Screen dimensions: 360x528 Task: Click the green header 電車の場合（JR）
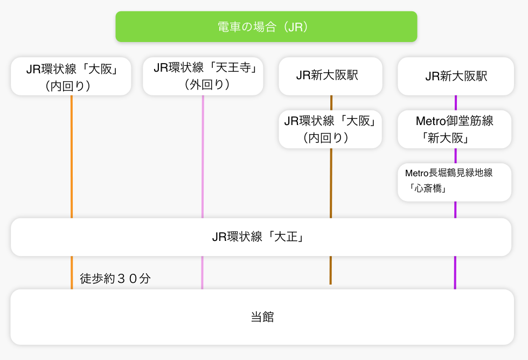pos(266,26)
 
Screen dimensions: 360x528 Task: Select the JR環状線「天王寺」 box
pos(203,76)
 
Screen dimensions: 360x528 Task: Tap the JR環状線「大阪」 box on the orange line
pos(71,76)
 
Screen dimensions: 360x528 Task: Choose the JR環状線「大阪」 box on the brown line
pos(330,129)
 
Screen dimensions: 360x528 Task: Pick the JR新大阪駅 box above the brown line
pos(330,76)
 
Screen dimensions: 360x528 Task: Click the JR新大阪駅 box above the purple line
pos(456,76)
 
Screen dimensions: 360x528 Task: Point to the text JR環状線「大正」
pos(258,237)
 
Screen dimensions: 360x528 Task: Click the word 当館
pos(262,317)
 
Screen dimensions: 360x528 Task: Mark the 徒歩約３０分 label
pos(115,279)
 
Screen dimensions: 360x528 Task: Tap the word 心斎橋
pos(429,189)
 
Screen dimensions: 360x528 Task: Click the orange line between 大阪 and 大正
pos(71,156)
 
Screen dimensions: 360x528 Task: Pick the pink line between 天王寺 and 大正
pos(203,156)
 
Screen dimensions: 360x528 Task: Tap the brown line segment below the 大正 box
pos(330,270)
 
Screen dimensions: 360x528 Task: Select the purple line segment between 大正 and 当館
pos(455,272)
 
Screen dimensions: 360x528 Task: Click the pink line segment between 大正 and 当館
pos(202,272)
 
